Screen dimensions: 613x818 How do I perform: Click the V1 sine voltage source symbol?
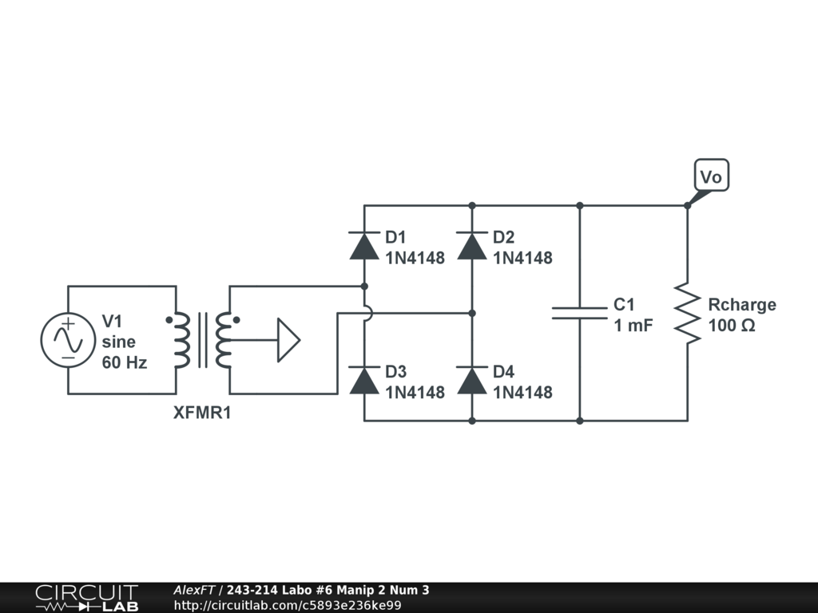click(x=68, y=340)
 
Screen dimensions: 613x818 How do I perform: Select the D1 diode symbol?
click(x=364, y=246)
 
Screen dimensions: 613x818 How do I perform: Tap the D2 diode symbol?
click(x=472, y=246)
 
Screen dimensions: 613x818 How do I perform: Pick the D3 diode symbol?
click(x=364, y=381)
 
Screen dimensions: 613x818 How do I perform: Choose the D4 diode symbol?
click(x=472, y=381)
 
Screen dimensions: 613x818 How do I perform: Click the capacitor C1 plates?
click(x=580, y=313)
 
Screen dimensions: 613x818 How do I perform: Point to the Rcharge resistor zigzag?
click(x=687, y=313)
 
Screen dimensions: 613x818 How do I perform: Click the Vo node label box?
click(x=710, y=176)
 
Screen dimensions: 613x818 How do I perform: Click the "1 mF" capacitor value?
click(x=633, y=325)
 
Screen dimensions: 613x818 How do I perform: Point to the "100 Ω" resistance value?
click(x=731, y=326)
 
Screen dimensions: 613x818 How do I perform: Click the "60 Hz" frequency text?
click(x=124, y=362)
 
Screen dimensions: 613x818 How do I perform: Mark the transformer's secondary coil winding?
click(x=224, y=340)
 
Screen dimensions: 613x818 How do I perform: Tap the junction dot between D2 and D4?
click(x=472, y=313)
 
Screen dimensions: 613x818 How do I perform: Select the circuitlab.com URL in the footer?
click(x=287, y=605)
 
